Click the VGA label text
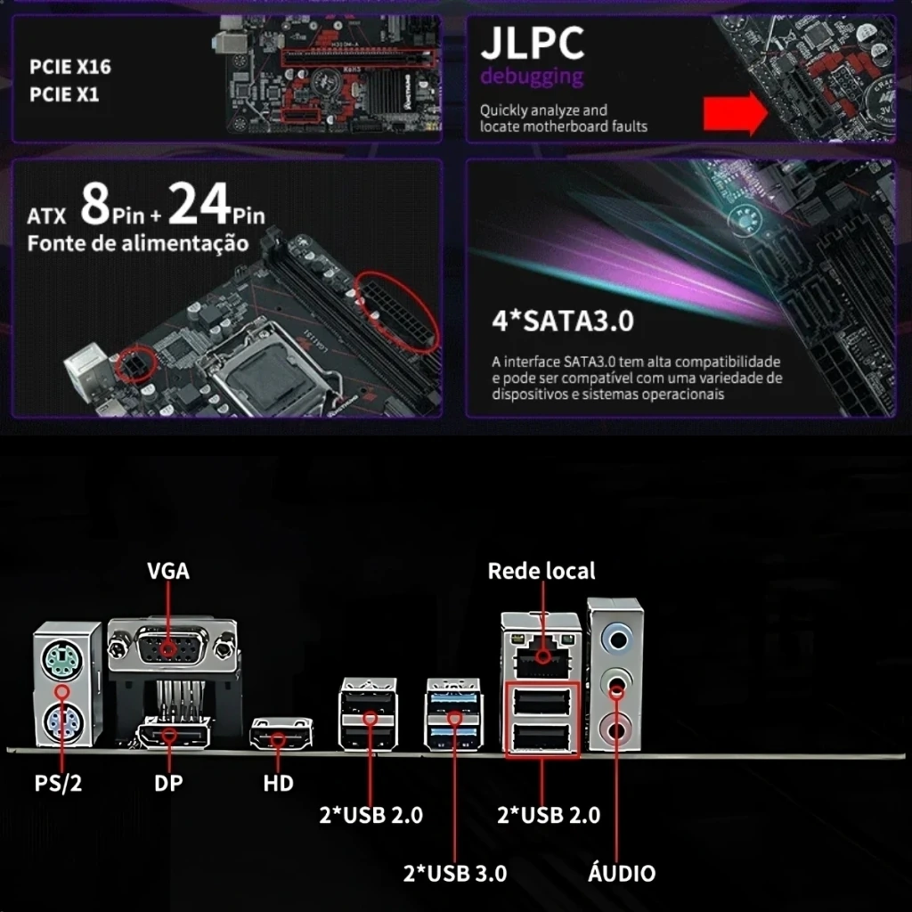pyautogui.click(x=168, y=571)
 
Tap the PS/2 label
pyautogui.click(x=58, y=783)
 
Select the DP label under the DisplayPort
pyautogui.click(x=168, y=783)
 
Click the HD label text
pyautogui.click(x=278, y=783)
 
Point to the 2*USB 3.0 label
pyautogui.click(x=455, y=873)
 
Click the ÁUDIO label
pyautogui.click(x=622, y=872)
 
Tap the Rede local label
pyautogui.click(x=541, y=571)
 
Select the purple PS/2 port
pyautogui.click(x=63, y=723)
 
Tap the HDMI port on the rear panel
pyautogui.click(x=281, y=734)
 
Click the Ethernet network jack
pyautogui.click(x=541, y=655)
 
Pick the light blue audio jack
pyautogui.click(x=617, y=640)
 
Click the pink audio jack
pyautogui.click(x=615, y=729)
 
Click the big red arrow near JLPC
pyautogui.click(x=735, y=113)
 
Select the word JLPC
pyautogui.click(x=533, y=43)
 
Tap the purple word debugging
pyautogui.click(x=532, y=77)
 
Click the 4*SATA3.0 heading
pyautogui.click(x=563, y=321)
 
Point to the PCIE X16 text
pyautogui.click(x=70, y=67)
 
